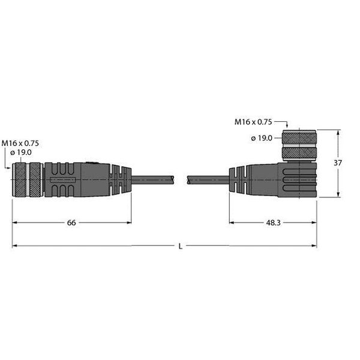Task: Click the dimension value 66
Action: click(x=71, y=223)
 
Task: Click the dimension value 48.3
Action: click(x=273, y=223)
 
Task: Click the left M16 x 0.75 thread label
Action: click(x=20, y=143)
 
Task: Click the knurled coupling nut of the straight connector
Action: click(x=26, y=179)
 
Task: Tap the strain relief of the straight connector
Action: click(x=120, y=178)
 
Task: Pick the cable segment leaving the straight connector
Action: click(x=154, y=179)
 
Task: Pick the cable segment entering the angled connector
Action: click(x=208, y=179)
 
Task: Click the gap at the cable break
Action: click(x=182, y=179)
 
